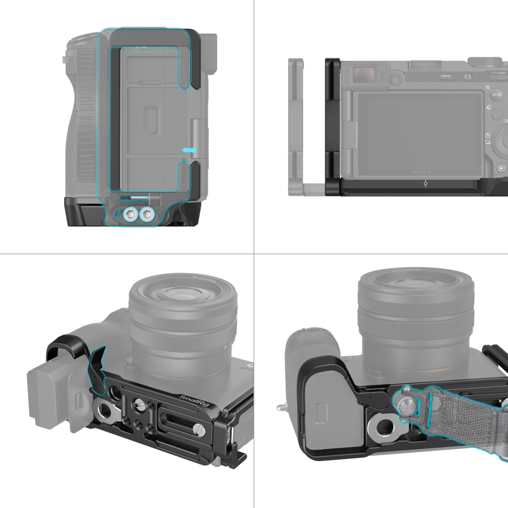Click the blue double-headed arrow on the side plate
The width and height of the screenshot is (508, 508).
click(190, 150)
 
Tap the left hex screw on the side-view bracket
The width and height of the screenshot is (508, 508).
click(131, 214)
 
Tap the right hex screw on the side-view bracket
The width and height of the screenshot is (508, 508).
click(147, 214)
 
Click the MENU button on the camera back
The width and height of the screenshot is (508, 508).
click(445, 76)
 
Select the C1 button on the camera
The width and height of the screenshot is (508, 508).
click(468, 76)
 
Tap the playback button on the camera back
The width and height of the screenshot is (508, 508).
click(502, 169)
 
